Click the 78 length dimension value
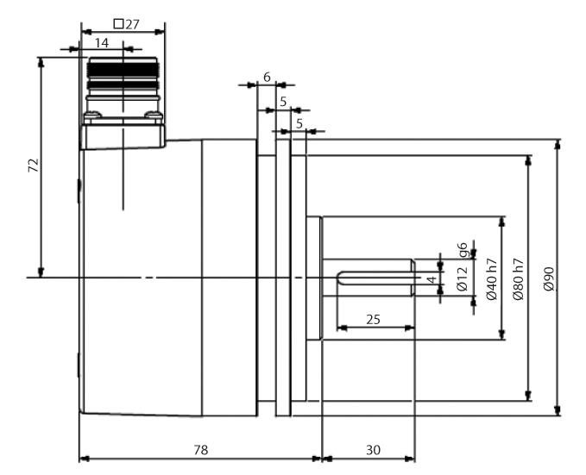pyautogui.click(x=200, y=449)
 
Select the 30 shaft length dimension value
pyautogui.click(x=372, y=449)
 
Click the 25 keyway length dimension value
pyautogui.click(x=374, y=319)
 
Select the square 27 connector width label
pyautogui.click(x=127, y=24)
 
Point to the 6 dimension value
pyautogui.click(x=267, y=77)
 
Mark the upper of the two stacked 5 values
pyautogui.click(x=283, y=102)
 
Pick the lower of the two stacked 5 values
pyautogui.click(x=299, y=123)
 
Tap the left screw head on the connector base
pyautogui.click(x=91, y=112)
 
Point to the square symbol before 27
pyautogui.click(x=118, y=24)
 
